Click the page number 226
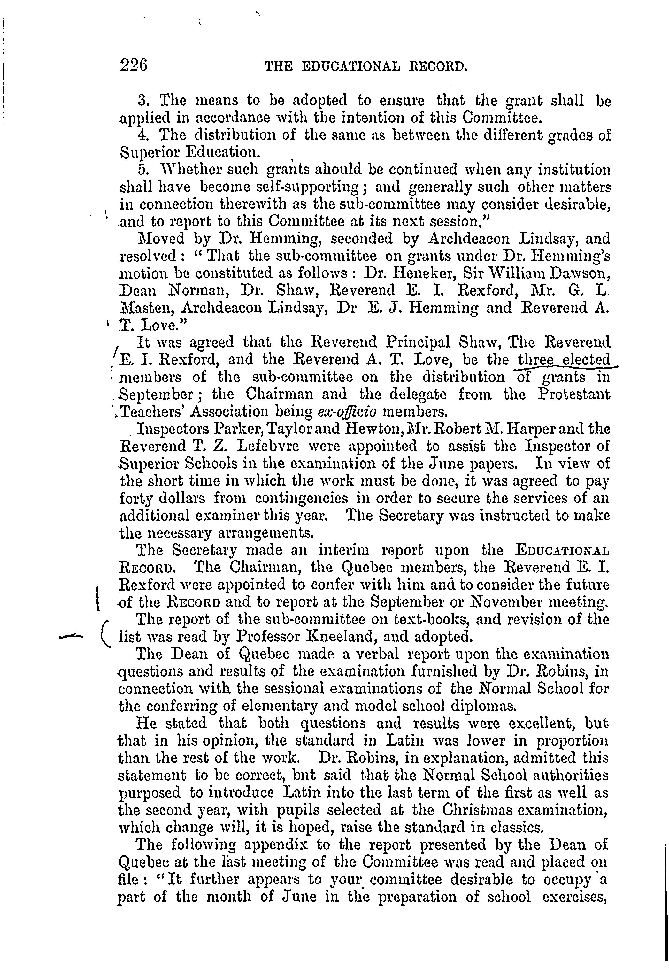click(x=133, y=66)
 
